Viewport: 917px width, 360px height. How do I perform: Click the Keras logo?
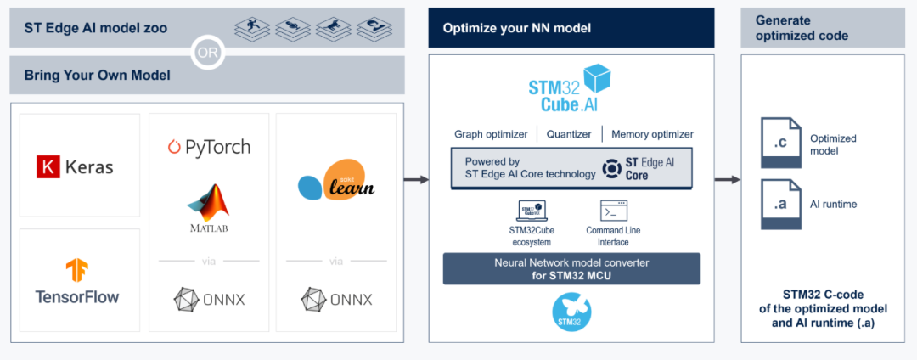point(75,167)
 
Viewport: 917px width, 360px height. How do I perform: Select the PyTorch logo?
point(209,147)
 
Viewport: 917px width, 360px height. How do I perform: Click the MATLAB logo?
point(209,208)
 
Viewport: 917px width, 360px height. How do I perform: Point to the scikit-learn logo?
point(336,180)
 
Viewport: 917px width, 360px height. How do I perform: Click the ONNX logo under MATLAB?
point(209,299)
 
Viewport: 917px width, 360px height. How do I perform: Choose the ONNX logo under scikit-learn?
point(336,299)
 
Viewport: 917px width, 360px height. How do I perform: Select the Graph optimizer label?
point(491,134)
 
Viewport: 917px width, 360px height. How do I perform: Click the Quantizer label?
point(568,134)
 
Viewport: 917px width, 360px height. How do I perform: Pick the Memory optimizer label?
point(652,134)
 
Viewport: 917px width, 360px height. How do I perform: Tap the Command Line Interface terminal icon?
point(613,211)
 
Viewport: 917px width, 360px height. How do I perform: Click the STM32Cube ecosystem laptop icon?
point(532,211)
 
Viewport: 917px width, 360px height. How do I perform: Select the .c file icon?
point(779,143)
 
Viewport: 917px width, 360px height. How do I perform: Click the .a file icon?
point(779,204)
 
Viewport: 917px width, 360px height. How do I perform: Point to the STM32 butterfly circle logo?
point(571,312)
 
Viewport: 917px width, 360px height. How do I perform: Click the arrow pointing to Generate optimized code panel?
point(727,180)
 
